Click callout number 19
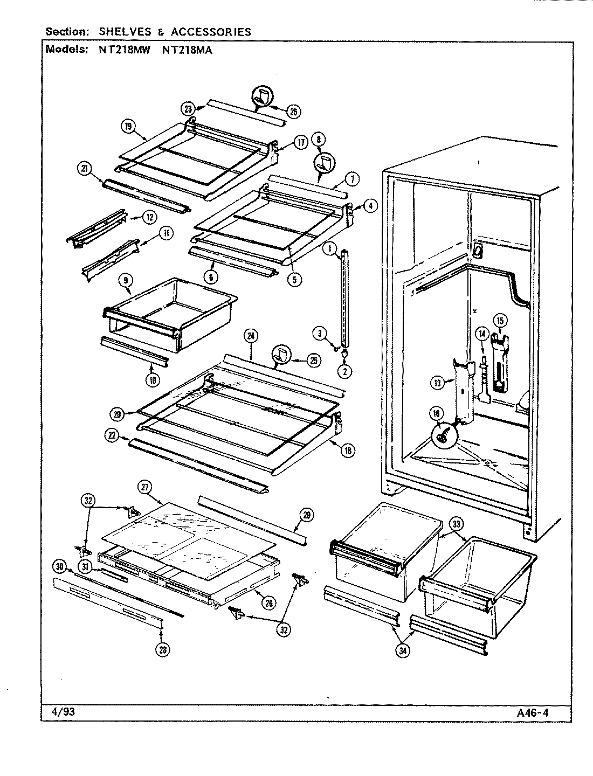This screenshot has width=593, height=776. click(128, 127)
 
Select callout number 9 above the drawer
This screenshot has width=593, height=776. click(125, 280)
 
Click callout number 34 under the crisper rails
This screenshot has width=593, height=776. click(402, 650)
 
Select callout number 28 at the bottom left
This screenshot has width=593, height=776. click(162, 650)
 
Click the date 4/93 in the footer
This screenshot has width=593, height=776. click(60, 711)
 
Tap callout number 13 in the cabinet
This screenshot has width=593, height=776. click(437, 383)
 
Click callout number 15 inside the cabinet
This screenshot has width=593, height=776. click(500, 321)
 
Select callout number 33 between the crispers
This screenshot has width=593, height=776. click(456, 523)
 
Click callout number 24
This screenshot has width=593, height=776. click(251, 336)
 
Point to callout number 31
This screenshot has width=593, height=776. click(85, 566)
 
